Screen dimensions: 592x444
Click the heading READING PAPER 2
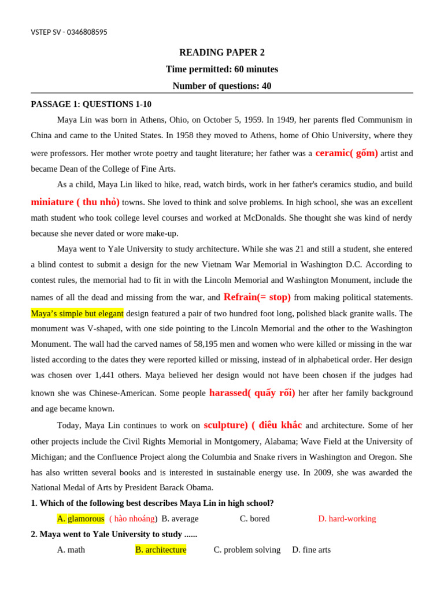(x=222, y=53)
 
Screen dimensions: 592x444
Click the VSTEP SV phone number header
(x=69, y=32)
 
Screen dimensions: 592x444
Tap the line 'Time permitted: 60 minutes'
(x=222, y=69)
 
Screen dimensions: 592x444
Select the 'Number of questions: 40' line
(x=222, y=86)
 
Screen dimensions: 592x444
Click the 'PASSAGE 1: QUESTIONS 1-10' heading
(x=91, y=104)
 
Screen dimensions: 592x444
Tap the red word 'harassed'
(x=228, y=393)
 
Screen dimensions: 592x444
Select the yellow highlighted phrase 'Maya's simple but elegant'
(x=77, y=313)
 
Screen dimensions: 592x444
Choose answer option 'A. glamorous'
(x=80, y=519)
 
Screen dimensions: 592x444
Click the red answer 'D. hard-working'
(x=347, y=519)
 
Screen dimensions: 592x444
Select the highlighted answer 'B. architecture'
(x=161, y=550)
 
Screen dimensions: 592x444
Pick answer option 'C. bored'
(x=254, y=519)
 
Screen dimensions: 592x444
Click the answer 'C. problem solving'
(x=247, y=550)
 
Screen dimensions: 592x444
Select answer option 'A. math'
(x=71, y=550)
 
